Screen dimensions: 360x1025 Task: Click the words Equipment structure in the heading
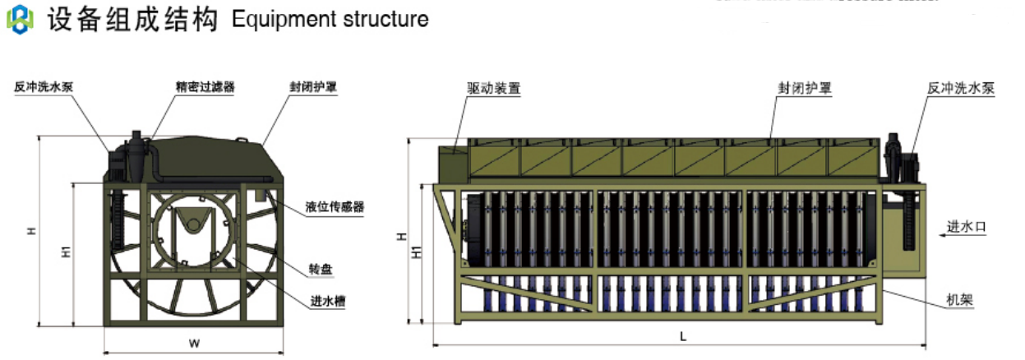[x=330, y=19]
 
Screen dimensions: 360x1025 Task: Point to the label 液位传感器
[x=335, y=206]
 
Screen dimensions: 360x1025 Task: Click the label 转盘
[x=320, y=269]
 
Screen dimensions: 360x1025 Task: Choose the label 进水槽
[x=326, y=302]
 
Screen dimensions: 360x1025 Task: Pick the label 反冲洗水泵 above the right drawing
[x=960, y=87]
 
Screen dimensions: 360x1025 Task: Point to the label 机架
[x=960, y=301]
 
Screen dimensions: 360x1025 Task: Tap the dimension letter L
[x=683, y=336]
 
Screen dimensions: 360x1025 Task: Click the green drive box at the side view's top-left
[x=451, y=162]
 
